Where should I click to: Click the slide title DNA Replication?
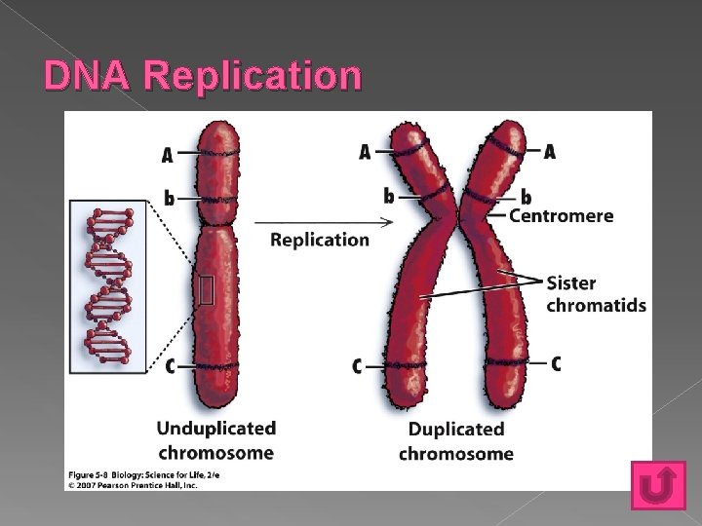tap(203, 75)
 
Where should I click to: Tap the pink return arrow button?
tap(658, 484)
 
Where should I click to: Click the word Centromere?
tap(562, 215)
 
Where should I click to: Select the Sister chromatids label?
tap(596, 294)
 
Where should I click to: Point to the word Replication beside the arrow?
tap(320, 240)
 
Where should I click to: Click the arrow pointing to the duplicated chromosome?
tap(331, 221)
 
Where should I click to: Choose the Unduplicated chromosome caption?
tap(215, 440)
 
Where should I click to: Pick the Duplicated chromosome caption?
tap(455, 441)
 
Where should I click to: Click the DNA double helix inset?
tap(108, 285)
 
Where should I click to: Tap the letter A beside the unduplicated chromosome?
tap(168, 155)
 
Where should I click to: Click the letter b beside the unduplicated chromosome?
tap(169, 199)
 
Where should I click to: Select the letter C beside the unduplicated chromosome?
tap(170, 366)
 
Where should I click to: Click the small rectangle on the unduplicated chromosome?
tap(206, 290)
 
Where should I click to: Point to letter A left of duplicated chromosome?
tap(365, 152)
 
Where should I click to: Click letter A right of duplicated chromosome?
tap(550, 152)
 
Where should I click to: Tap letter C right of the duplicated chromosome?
tap(556, 363)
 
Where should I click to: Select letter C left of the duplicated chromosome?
tap(357, 366)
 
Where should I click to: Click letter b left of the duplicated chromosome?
tap(389, 196)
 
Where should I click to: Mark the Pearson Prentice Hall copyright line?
tap(133, 485)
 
